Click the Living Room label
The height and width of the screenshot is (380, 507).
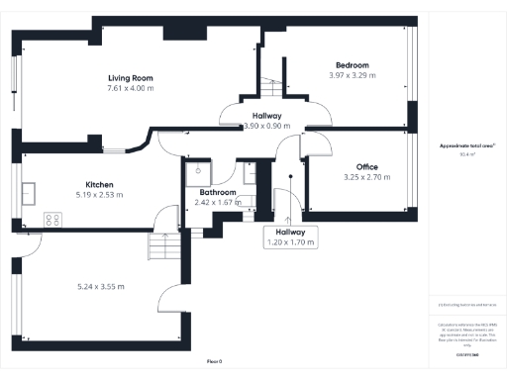pos(130,76)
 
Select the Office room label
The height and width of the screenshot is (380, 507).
pos(358,166)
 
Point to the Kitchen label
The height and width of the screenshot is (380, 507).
pos(100,185)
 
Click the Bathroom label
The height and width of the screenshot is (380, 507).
pos(217,192)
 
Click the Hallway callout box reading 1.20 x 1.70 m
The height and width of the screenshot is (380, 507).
pos(290,237)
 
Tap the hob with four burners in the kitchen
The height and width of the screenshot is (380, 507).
pos(52,220)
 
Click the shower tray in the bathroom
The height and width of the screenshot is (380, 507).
pos(194,172)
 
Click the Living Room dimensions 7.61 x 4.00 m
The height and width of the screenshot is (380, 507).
pos(130,87)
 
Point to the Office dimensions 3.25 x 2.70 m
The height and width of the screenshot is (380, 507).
pos(358,177)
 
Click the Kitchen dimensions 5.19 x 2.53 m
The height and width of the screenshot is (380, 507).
pos(100,196)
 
